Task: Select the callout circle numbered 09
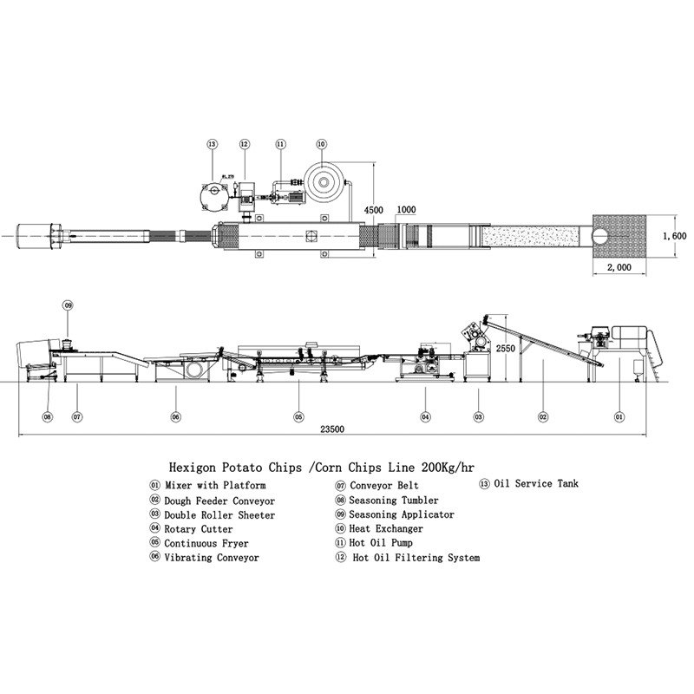[x=68, y=305]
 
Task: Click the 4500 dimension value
[x=374, y=211]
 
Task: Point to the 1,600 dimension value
[x=673, y=236]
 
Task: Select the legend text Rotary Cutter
[x=198, y=529]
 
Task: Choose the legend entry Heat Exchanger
[x=386, y=528]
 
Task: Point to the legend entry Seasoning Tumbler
[x=393, y=501]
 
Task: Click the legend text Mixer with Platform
[x=214, y=486]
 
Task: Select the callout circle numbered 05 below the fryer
[x=298, y=416]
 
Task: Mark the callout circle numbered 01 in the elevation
[x=619, y=416]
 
